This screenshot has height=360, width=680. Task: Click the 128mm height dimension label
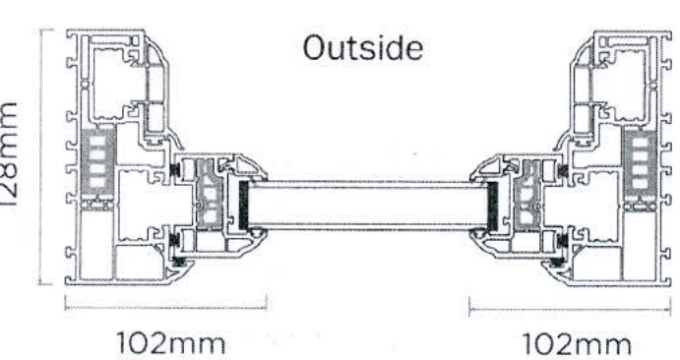pyautogui.click(x=12, y=156)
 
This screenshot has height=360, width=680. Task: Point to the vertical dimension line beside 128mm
pyautogui.click(x=42, y=156)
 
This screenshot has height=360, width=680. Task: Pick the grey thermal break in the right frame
pyautogui.click(x=642, y=160)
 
